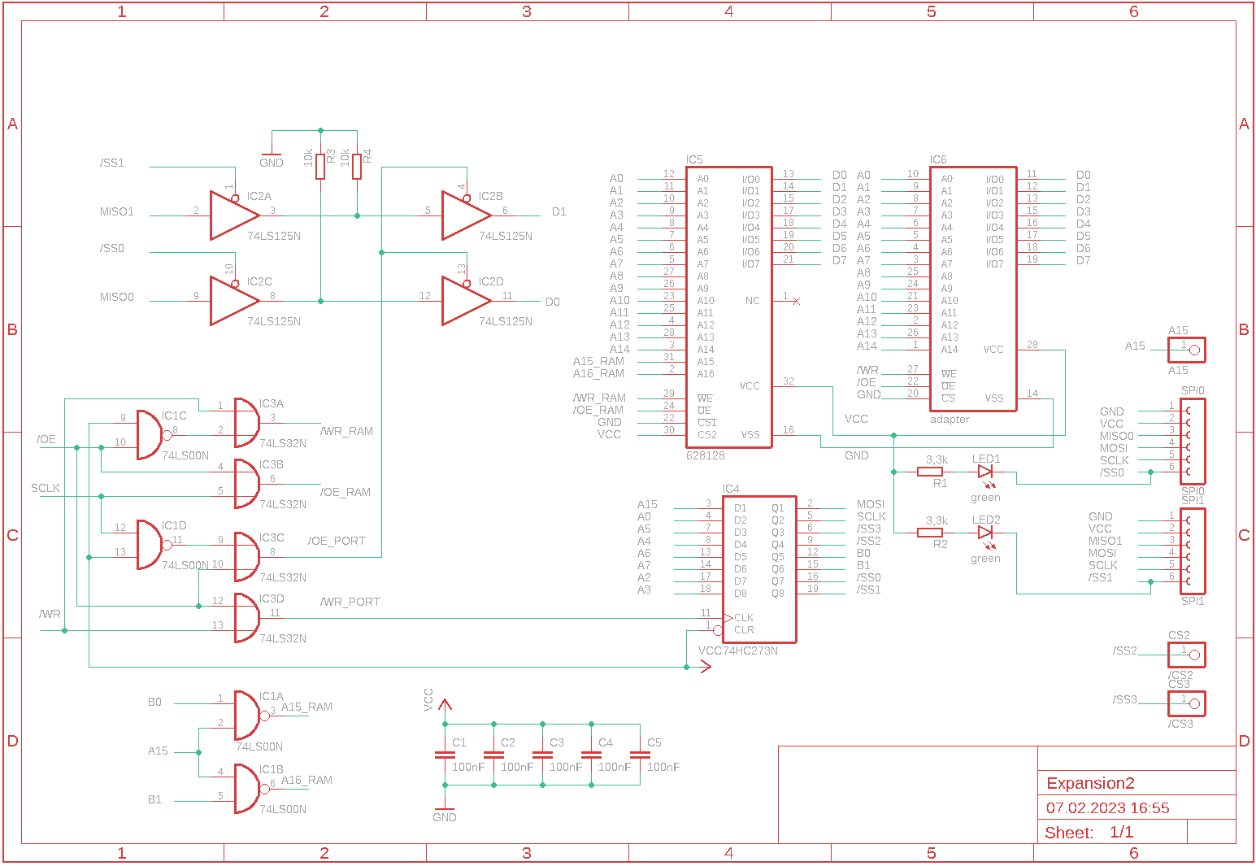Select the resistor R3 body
pos(321,166)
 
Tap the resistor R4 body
pos(357,166)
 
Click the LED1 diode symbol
pos(985,472)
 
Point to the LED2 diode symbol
pos(985,533)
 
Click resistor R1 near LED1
pos(930,472)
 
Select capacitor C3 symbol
pos(542,755)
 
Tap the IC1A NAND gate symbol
pos(246,716)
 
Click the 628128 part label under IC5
pos(706,455)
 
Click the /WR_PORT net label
pos(350,602)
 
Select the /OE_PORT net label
pos(337,541)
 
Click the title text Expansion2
pos(1090,784)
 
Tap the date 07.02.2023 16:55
pos(1107,808)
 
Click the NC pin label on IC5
pos(752,301)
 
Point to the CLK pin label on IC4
pos(744,618)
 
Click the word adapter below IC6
pos(950,420)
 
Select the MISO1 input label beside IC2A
pos(117,211)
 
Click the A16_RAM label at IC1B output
pos(306,780)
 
